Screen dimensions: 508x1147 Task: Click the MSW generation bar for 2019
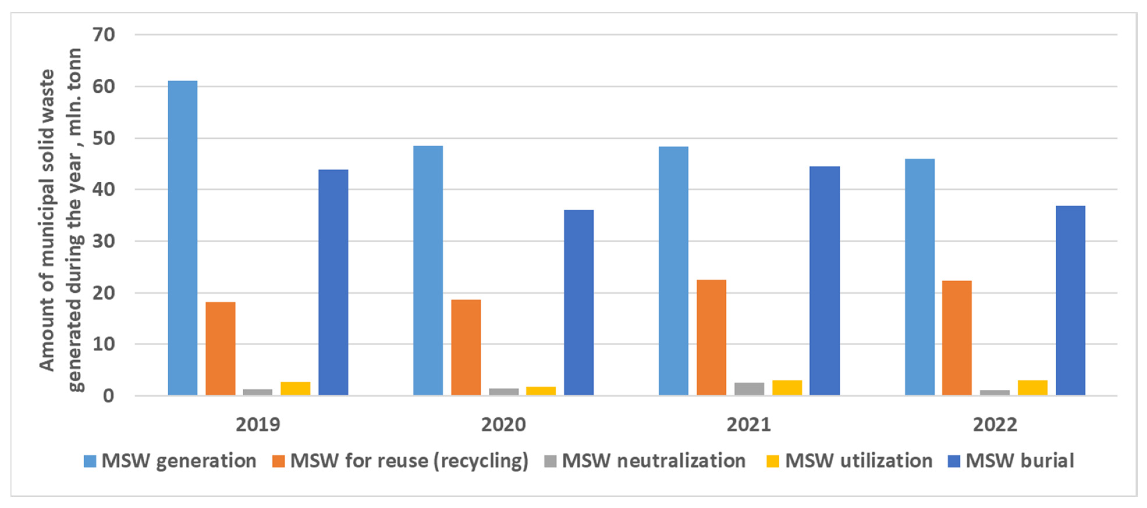tap(182, 238)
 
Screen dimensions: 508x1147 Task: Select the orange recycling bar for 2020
tap(466, 347)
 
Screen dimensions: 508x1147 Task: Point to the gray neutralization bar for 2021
tap(749, 389)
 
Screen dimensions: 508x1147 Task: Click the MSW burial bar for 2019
tap(333, 282)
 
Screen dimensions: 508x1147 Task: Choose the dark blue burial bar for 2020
tap(579, 303)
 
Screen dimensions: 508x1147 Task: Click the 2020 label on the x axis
tap(503, 425)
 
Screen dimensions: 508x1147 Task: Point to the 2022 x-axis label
tap(995, 425)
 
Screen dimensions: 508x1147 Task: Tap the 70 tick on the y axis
tap(104, 35)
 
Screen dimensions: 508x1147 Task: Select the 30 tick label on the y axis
tap(104, 241)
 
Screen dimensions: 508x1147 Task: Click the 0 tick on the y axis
tap(109, 396)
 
